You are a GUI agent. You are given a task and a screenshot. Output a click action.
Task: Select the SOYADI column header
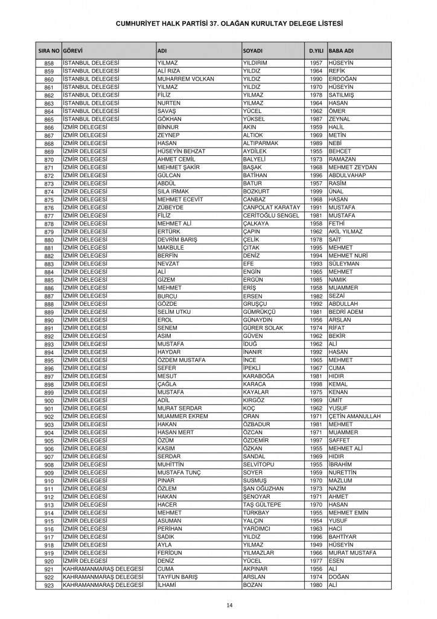253,50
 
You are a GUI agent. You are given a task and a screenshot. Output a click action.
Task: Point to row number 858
49,63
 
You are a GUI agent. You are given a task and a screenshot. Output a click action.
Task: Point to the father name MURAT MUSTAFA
352,553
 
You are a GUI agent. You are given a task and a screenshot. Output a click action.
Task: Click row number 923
49,585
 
